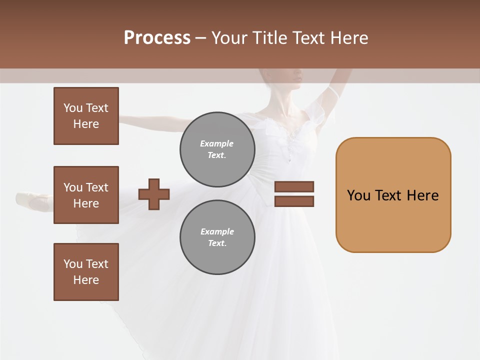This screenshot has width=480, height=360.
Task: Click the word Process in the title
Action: click(157, 38)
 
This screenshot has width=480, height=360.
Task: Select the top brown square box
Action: click(86, 116)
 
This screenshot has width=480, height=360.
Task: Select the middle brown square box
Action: click(86, 195)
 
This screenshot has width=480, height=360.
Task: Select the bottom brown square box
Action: click(86, 272)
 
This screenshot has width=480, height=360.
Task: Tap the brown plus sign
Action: click(154, 194)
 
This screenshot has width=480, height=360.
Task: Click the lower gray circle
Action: click(217, 237)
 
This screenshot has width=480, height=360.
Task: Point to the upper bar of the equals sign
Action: click(294, 187)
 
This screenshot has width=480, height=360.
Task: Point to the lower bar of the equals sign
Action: click(294, 201)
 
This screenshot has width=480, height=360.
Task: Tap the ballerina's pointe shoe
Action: click(35, 200)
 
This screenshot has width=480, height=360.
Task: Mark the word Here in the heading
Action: click(348, 38)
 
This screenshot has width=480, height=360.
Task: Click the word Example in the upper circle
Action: click(217, 143)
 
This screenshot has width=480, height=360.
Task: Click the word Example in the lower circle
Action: click(217, 231)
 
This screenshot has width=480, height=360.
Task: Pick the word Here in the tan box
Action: click(423, 195)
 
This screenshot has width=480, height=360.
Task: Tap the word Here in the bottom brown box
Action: click(86, 280)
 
